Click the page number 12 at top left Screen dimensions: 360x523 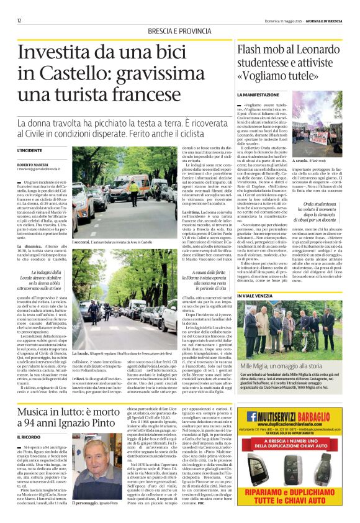19,20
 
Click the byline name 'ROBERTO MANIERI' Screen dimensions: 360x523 30,163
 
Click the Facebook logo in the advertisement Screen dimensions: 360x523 252,416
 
